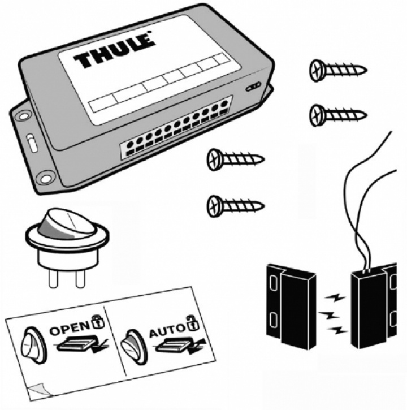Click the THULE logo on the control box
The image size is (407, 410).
114,51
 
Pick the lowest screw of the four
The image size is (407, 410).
235,204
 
